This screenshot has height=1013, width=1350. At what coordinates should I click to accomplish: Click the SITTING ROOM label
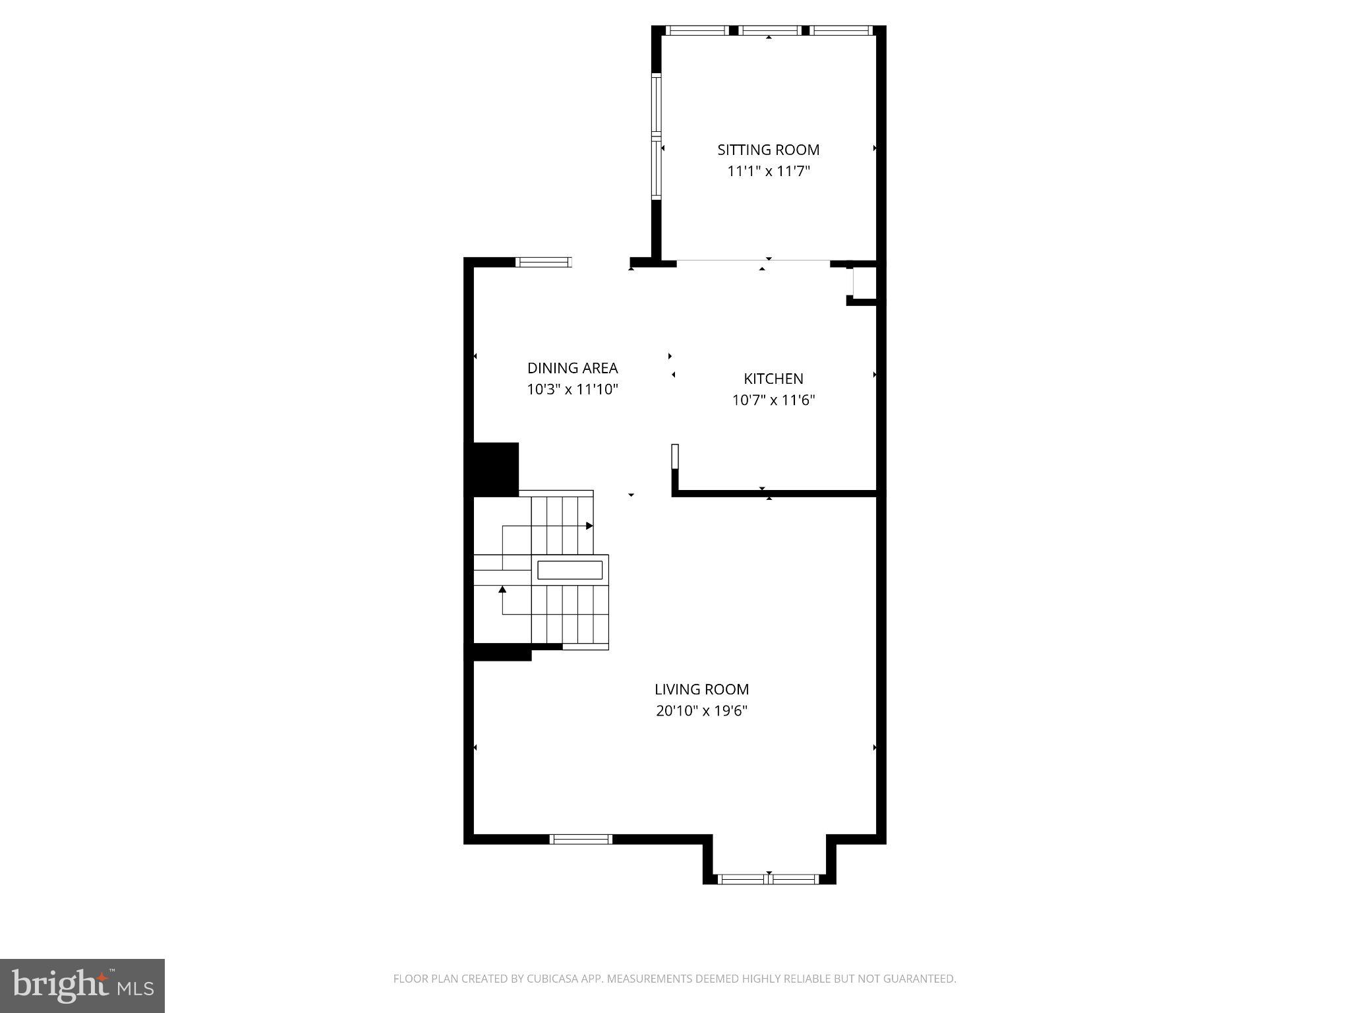pyautogui.click(x=768, y=150)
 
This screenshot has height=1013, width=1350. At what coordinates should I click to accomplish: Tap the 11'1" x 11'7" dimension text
pyautogui.click(x=768, y=171)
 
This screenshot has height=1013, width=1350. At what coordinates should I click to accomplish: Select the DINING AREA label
pyautogui.click(x=572, y=368)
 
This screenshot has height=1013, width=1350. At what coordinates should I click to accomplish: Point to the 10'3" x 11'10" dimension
pyautogui.click(x=572, y=389)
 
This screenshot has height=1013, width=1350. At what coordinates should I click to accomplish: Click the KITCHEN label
pyautogui.click(x=773, y=379)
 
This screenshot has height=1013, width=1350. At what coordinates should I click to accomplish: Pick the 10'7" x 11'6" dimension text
pyautogui.click(x=773, y=400)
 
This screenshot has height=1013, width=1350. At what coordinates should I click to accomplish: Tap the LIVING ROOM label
pyautogui.click(x=701, y=689)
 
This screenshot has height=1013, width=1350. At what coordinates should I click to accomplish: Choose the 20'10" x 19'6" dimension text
pyautogui.click(x=701, y=711)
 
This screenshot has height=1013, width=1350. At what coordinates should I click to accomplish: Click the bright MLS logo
pyautogui.click(x=82, y=985)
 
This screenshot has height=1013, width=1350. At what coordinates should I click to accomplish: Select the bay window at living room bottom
pyautogui.click(x=769, y=878)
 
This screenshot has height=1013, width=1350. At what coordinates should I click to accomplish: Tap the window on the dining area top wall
pyautogui.click(x=543, y=262)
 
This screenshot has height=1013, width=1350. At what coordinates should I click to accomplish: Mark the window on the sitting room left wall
pyautogui.click(x=656, y=137)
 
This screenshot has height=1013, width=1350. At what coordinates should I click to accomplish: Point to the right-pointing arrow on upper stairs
pyautogui.click(x=589, y=526)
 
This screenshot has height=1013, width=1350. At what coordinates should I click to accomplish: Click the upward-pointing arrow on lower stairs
pyautogui.click(x=502, y=590)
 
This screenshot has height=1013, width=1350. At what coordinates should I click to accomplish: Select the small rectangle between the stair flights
pyautogui.click(x=570, y=570)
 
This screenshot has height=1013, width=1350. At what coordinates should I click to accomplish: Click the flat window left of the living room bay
pyautogui.click(x=581, y=839)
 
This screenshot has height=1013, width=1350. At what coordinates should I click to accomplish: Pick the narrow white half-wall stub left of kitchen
pyautogui.click(x=675, y=456)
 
